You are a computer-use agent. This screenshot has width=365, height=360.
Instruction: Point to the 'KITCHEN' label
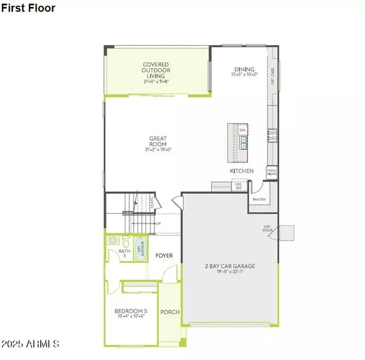click(x=241, y=171)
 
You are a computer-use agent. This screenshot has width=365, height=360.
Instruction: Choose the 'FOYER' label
click(x=163, y=256)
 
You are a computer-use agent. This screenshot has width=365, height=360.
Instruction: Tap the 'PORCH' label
click(x=170, y=312)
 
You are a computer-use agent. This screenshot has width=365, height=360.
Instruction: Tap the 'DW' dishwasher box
click(x=243, y=130)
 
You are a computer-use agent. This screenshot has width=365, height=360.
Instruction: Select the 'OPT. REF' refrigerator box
click(x=238, y=186)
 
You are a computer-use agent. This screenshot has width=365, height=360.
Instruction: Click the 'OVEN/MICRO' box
click(x=272, y=172)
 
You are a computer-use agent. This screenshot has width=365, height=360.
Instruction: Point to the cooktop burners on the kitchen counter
click(x=273, y=135)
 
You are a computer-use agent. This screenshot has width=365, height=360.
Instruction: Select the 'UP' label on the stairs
click(x=158, y=224)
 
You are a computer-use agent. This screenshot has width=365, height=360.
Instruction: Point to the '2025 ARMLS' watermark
click(x=30, y=344)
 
